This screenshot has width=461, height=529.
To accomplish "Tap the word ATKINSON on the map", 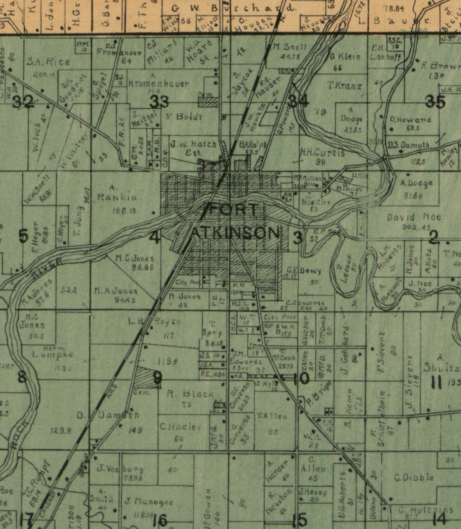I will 235,233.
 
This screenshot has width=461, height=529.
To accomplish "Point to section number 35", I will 435,102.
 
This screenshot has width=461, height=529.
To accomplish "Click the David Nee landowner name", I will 414,217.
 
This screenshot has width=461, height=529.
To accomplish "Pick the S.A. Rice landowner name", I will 48,62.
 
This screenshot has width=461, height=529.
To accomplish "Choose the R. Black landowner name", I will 190,394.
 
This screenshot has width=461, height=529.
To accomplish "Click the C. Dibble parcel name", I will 414,478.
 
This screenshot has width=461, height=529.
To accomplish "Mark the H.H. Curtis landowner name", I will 322,153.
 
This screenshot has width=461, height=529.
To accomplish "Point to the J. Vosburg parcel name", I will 120,469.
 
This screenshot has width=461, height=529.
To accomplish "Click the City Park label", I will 186,282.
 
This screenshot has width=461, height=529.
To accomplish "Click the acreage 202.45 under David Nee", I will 416,228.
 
